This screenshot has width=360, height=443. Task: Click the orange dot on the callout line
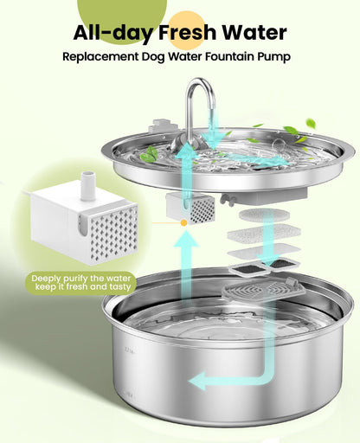point(182,223)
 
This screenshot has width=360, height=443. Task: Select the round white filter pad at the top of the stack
point(260,213)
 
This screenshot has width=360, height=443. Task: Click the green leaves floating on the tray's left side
point(151,154)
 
